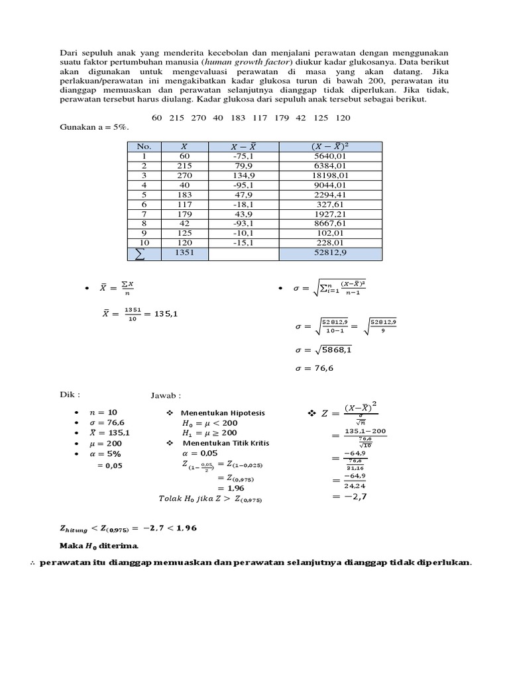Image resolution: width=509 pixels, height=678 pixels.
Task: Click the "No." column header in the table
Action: (144, 146)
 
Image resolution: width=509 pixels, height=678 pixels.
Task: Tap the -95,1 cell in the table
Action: (243, 185)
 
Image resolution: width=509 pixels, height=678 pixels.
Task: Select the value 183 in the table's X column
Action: (184, 195)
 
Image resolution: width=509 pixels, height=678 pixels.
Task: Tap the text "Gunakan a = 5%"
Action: (93, 126)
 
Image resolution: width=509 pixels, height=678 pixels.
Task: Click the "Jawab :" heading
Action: (165, 395)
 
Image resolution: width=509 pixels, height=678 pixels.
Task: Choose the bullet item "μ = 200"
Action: (106, 444)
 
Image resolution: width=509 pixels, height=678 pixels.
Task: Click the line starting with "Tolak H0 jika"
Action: (211, 498)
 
